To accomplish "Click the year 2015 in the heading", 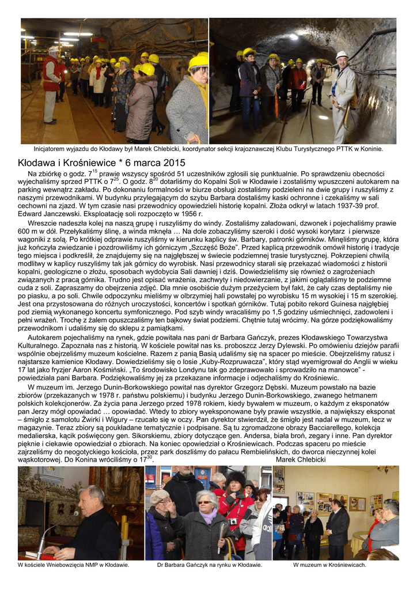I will click(173, 162).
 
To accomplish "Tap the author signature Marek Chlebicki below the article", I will click(301, 459).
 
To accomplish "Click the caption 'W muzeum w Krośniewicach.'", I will click(329, 565).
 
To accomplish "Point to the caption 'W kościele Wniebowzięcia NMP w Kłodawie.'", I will click(74, 565).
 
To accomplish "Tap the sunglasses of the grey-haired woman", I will click(204, 502).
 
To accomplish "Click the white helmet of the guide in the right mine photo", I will click(342, 55).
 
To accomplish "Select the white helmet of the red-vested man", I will click(54, 50).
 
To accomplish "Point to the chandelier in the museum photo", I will click(385, 470).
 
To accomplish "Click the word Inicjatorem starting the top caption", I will click(51, 149).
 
